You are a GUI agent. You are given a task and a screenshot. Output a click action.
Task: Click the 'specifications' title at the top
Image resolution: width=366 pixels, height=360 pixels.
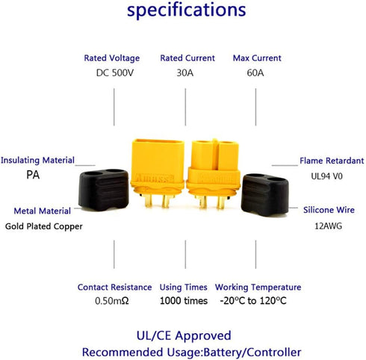click(187, 10)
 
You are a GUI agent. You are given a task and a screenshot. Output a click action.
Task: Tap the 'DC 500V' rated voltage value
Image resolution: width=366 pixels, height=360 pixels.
click(115, 73)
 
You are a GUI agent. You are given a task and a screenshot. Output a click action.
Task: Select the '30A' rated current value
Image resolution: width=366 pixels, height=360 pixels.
click(185, 73)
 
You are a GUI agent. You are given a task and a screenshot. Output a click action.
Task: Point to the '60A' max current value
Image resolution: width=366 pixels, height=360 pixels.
click(255, 73)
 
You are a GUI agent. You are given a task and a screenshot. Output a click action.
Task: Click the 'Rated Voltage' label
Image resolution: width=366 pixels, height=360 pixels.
click(112, 58)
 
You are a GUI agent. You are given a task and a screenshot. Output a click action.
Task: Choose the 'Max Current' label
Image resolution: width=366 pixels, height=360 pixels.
click(257, 58)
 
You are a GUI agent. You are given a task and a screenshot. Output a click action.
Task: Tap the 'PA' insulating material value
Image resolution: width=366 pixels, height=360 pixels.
click(33, 175)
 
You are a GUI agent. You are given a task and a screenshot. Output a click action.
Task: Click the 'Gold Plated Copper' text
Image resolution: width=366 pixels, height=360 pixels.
click(44, 226)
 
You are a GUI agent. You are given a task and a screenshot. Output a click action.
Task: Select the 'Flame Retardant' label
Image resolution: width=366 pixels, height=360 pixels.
click(332, 161)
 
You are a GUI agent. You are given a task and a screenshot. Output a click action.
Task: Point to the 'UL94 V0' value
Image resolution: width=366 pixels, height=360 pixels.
click(326, 176)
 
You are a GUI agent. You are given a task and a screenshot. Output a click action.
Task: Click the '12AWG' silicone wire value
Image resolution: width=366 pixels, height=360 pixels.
click(328, 226)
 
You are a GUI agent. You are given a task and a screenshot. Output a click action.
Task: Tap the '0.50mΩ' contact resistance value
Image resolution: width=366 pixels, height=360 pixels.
click(112, 301)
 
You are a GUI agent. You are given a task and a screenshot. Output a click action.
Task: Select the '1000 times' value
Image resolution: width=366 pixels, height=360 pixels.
click(184, 301)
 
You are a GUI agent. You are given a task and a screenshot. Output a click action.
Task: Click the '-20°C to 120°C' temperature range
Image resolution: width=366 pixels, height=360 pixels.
click(253, 301)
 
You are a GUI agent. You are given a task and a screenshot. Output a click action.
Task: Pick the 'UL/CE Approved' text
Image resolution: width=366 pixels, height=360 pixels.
click(184, 336)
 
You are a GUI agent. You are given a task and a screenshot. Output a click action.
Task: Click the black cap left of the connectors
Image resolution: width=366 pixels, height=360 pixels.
click(104, 190)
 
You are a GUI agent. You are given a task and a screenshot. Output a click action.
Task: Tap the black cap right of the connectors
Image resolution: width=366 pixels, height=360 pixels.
click(264, 195)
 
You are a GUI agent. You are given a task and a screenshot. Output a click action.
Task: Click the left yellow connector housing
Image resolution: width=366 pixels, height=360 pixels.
click(158, 173)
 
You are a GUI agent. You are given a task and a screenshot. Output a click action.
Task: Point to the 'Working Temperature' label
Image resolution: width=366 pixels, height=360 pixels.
click(258, 288)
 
